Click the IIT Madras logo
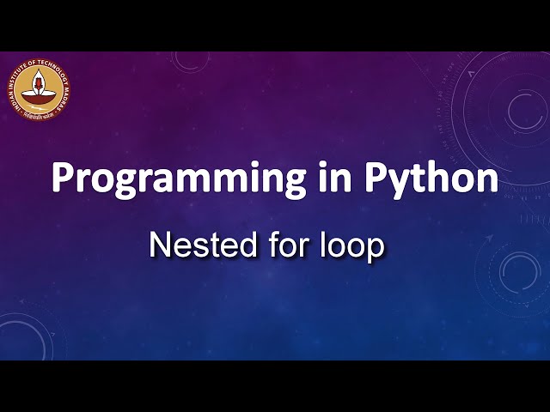click(x=40, y=90)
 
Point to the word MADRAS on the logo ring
click(x=63, y=96)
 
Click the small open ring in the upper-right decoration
click(x=522, y=109)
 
